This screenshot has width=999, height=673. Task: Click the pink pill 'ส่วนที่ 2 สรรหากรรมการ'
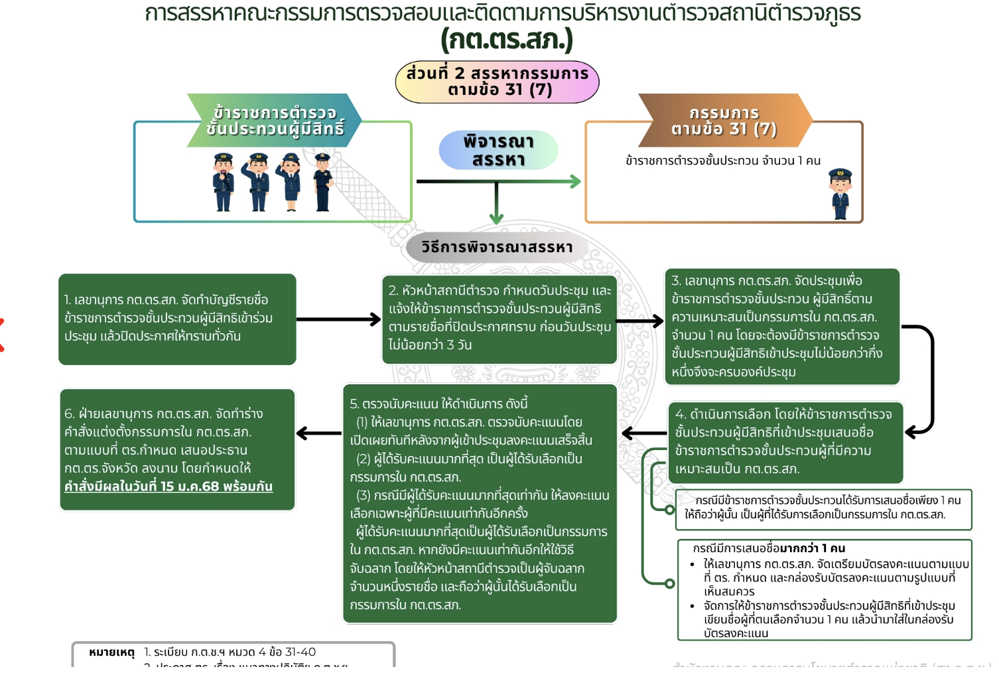point(498,82)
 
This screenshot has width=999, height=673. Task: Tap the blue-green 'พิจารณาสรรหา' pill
point(498,150)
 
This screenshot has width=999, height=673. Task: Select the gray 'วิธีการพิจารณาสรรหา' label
point(497,248)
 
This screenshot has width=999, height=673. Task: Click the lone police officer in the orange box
point(840,194)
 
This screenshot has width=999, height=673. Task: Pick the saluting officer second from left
point(257,182)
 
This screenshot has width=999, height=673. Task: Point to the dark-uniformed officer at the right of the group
point(323,182)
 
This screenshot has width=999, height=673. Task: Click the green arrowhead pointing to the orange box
point(574,181)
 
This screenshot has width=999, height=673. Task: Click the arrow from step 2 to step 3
point(640,321)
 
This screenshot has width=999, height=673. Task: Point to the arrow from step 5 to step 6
point(318,433)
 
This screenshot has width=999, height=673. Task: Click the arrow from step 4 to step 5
point(643,433)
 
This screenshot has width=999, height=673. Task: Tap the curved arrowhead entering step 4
point(913,432)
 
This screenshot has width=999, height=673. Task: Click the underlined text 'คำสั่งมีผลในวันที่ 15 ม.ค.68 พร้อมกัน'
point(168,486)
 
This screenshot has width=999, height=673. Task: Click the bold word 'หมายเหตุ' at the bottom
point(111,652)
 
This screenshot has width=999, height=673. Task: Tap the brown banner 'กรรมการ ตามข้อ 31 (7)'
point(724,121)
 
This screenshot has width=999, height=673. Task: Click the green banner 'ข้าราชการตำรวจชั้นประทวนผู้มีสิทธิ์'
point(275,121)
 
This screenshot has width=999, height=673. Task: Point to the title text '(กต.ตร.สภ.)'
point(507,40)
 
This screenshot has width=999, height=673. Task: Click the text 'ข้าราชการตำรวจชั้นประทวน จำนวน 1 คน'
point(723,161)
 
